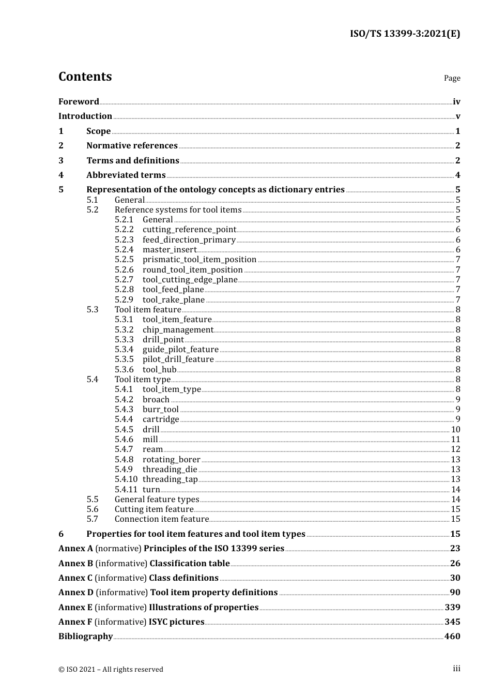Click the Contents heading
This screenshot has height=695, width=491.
(85, 77)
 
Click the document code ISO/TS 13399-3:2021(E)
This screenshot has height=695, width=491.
(405, 34)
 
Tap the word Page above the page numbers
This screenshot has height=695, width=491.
(452, 78)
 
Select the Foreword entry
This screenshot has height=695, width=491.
(79, 102)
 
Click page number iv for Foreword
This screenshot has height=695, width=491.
(456, 102)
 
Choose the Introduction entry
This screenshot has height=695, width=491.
(85, 116)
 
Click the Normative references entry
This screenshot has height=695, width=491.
(132, 146)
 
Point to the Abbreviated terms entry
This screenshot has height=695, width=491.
(126, 175)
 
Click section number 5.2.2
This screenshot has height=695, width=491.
(124, 230)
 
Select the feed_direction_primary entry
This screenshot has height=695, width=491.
(189, 240)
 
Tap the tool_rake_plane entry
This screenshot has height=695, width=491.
(174, 300)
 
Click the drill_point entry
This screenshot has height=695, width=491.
(163, 340)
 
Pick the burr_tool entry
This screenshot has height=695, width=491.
(161, 410)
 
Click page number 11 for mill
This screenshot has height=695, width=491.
(455, 440)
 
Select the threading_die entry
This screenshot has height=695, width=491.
(170, 470)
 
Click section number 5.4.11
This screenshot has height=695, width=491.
(126, 490)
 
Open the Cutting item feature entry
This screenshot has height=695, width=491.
(154, 509)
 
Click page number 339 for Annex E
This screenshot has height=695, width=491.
(452, 608)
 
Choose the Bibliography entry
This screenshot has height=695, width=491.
(86, 637)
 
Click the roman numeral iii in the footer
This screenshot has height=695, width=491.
(456, 669)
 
